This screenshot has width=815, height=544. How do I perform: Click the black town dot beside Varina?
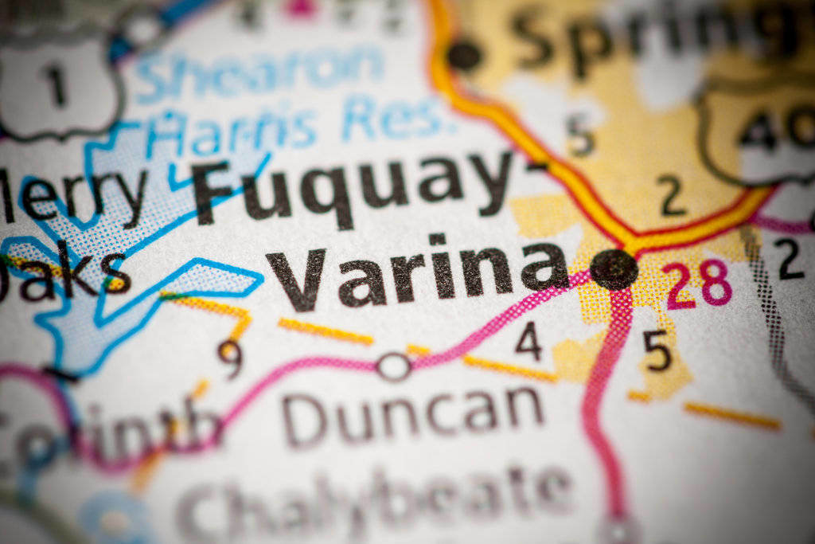[x=614, y=268]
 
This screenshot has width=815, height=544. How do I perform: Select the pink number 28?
[x=699, y=284]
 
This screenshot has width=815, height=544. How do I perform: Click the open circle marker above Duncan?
[x=393, y=366]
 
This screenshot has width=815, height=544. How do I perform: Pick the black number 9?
[x=230, y=358]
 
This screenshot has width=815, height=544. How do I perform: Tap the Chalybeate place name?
[x=374, y=498]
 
